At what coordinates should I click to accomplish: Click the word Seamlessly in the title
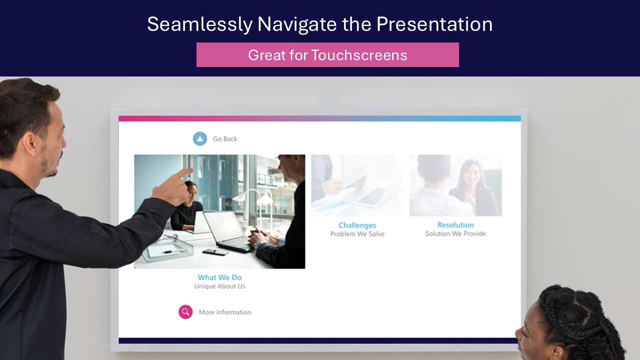200,24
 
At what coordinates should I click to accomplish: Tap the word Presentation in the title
434,24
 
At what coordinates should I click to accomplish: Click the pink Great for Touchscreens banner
327,55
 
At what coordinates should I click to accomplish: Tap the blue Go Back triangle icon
200,139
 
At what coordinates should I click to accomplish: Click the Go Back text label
225,139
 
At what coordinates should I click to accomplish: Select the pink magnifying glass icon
185,311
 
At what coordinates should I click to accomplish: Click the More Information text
225,312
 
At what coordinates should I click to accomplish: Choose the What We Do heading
219,277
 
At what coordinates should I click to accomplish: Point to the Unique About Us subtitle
219,286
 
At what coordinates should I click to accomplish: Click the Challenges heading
357,225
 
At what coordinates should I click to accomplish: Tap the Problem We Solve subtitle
357,234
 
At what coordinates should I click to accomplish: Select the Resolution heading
455,225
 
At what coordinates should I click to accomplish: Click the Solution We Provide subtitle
455,233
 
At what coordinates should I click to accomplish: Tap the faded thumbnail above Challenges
357,185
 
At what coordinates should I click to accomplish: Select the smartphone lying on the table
215,251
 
